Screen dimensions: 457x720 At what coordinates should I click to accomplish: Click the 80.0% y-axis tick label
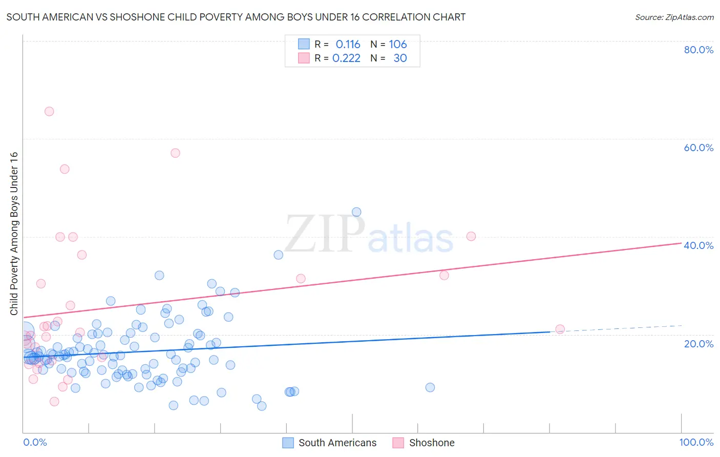pyautogui.click(x=698, y=50)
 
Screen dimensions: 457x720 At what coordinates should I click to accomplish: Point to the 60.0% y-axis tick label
pyautogui.click(x=698, y=148)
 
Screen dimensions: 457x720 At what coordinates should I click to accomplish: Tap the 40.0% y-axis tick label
pyautogui.click(x=698, y=245)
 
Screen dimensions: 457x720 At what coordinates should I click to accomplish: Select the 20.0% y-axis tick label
pyautogui.click(x=698, y=343)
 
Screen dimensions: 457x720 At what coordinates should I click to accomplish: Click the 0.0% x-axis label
pyautogui.click(x=35, y=442)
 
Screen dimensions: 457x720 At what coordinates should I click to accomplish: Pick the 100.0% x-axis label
pyautogui.click(x=696, y=442)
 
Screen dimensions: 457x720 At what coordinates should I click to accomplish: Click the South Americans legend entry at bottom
pyautogui.click(x=337, y=443)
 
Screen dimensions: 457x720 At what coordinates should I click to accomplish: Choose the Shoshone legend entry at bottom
pyautogui.click(x=431, y=443)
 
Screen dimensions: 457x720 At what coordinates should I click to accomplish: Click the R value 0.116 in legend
pyautogui.click(x=348, y=45)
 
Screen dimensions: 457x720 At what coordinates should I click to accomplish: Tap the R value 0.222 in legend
pyautogui.click(x=346, y=58)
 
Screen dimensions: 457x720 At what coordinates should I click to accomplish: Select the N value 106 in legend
pyautogui.click(x=397, y=45)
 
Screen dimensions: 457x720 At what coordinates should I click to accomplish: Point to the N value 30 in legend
pyautogui.click(x=400, y=58)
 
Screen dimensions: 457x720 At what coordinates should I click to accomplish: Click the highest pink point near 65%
pyautogui.click(x=49, y=111)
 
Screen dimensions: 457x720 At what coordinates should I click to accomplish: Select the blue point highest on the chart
pyautogui.click(x=356, y=212)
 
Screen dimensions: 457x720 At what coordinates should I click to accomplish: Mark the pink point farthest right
pyautogui.click(x=560, y=329)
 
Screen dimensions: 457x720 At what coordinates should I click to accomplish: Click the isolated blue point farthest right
pyautogui.click(x=430, y=387)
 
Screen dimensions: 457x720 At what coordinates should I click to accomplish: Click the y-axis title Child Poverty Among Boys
pyautogui.click(x=14, y=234)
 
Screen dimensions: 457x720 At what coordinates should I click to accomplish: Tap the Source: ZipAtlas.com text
pyautogui.click(x=674, y=17)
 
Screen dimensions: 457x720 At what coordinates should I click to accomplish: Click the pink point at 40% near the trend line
pyautogui.click(x=471, y=236)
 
